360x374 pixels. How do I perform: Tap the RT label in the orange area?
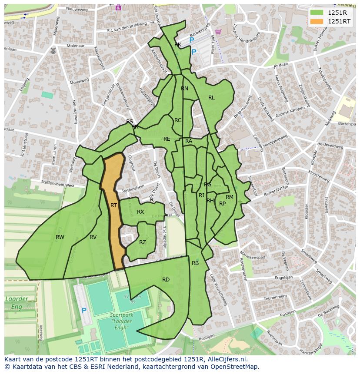coord(113,205)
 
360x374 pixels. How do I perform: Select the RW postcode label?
coord(60,237)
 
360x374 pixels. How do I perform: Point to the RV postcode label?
coord(93,237)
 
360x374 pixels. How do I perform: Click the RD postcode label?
coord(166,279)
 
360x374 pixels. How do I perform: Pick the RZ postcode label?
coord(143,242)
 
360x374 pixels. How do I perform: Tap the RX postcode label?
coord(140,212)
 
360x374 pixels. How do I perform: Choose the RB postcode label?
coord(195,263)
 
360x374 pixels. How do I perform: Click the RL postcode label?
coord(211,98)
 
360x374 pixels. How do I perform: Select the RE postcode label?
coord(167,139)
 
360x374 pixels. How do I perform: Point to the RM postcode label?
coord(230,197)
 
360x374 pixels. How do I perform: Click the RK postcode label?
coord(178,45)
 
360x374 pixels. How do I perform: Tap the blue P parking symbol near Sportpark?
coord(84,311)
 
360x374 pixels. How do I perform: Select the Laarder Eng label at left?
coord(17,302)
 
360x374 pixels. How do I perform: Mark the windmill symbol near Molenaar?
coord(53,50)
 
